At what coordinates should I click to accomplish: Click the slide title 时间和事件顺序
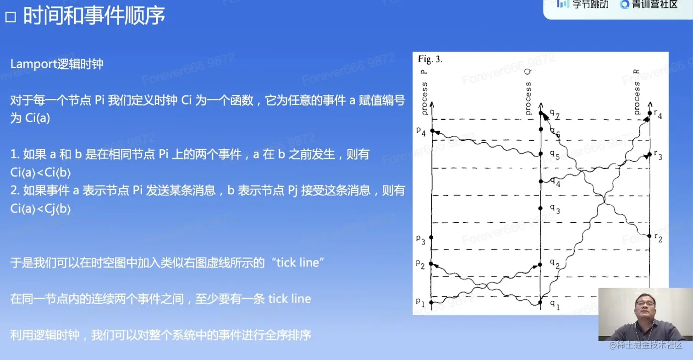94,15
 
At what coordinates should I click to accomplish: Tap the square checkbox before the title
11,17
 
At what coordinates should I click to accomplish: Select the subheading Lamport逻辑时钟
57,64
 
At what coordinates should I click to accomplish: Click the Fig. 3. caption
430,59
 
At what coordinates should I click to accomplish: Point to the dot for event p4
432,131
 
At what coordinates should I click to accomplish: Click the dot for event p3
431,237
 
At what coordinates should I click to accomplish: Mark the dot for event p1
432,302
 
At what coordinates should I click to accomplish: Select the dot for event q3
540,208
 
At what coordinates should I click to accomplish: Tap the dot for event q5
541,154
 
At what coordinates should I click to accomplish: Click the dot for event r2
649,236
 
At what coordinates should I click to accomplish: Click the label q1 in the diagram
555,305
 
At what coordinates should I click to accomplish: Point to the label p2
420,264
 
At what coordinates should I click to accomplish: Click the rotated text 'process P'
424,93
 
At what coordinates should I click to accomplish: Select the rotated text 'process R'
636,92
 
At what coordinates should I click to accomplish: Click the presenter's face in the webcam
645,309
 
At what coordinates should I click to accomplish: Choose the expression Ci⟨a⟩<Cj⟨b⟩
40,209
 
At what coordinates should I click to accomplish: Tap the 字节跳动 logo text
590,4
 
